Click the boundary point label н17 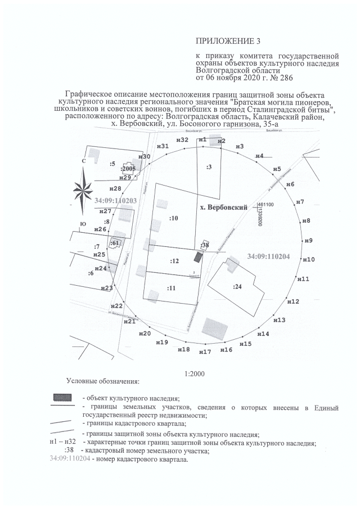point(205,352)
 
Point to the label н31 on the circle point(163,146)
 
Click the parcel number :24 point(237,286)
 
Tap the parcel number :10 point(174,217)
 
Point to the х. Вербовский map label point(224,208)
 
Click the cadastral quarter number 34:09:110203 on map point(116,200)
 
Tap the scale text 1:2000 point(194,373)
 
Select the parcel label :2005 point(128,168)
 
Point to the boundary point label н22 point(115,306)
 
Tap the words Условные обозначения point(102,382)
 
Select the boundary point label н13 point(279,320)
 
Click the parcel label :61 point(115,243)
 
